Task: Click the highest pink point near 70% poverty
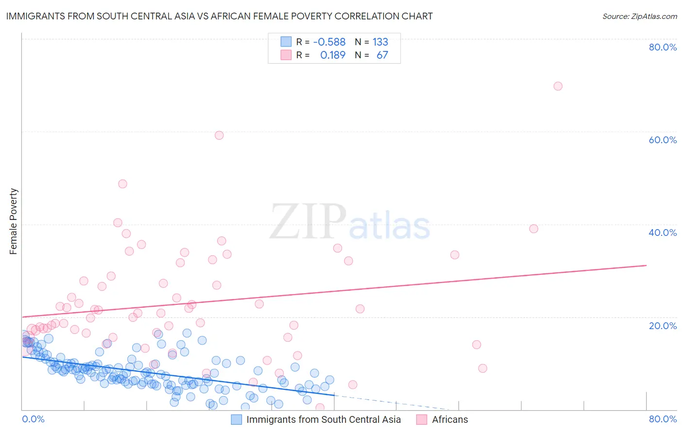558,86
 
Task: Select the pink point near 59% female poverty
219,135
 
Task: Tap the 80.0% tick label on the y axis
663,47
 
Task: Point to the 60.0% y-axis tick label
663,140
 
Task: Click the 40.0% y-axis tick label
663,233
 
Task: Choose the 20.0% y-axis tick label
663,326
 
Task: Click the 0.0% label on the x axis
33,419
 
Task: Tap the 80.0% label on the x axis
663,419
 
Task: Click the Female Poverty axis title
14,221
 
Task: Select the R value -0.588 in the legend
329,42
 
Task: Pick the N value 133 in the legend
380,42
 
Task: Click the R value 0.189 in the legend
333,55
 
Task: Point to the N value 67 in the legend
382,55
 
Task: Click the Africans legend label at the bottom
450,419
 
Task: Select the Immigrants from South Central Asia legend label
324,419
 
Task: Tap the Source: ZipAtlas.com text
639,16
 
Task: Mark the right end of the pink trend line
646,266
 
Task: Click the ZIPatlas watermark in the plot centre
350,222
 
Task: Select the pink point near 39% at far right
533,229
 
